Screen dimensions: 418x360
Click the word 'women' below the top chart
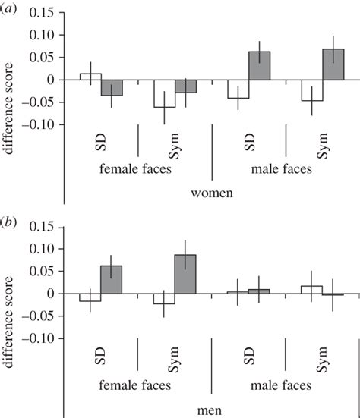click(211, 193)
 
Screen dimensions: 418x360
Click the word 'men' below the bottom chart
click(211, 410)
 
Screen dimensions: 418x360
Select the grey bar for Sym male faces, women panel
click(333, 64)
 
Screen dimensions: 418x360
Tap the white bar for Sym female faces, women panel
click(165, 93)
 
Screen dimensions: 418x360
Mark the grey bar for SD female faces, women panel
click(112, 87)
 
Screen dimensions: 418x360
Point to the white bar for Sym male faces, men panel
click(311, 289)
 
